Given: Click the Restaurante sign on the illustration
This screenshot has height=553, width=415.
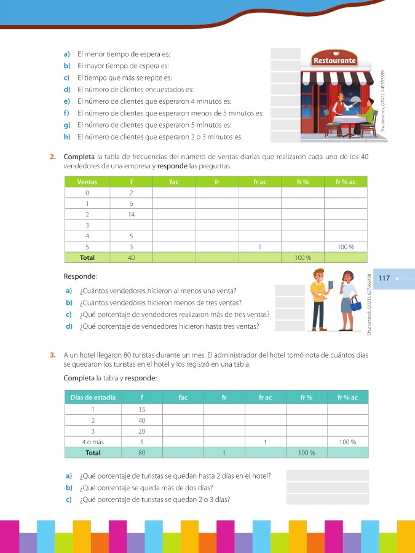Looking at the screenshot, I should tap(334, 61).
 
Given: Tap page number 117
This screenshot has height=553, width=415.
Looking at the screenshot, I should tap(384, 278).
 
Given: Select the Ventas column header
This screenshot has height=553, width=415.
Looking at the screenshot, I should tap(87, 182).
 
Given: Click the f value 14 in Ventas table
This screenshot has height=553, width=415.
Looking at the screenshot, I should tap(132, 214).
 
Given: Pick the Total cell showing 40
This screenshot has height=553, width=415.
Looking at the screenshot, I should tap(132, 257).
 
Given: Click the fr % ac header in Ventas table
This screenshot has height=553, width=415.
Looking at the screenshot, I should tap(346, 182).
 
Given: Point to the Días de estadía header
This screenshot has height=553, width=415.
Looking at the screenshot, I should tap(93, 398).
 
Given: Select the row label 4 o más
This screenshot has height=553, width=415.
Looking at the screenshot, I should tap(93, 442).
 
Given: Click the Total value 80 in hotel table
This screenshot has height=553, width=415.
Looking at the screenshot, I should tap(142, 453).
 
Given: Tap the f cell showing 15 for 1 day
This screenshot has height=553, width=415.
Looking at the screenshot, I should tap(142, 409).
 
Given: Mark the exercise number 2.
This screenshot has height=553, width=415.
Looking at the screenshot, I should tap(53, 158).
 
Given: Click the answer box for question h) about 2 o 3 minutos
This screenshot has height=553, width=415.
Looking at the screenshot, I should tap(285, 136).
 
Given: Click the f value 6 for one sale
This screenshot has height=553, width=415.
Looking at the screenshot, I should tap(132, 203).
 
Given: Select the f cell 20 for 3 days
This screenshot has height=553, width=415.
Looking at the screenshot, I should tap(142, 431).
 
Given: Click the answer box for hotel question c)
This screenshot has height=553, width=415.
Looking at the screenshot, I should tap(327, 499).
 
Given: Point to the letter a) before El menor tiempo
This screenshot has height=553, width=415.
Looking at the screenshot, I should tap(67, 54).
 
